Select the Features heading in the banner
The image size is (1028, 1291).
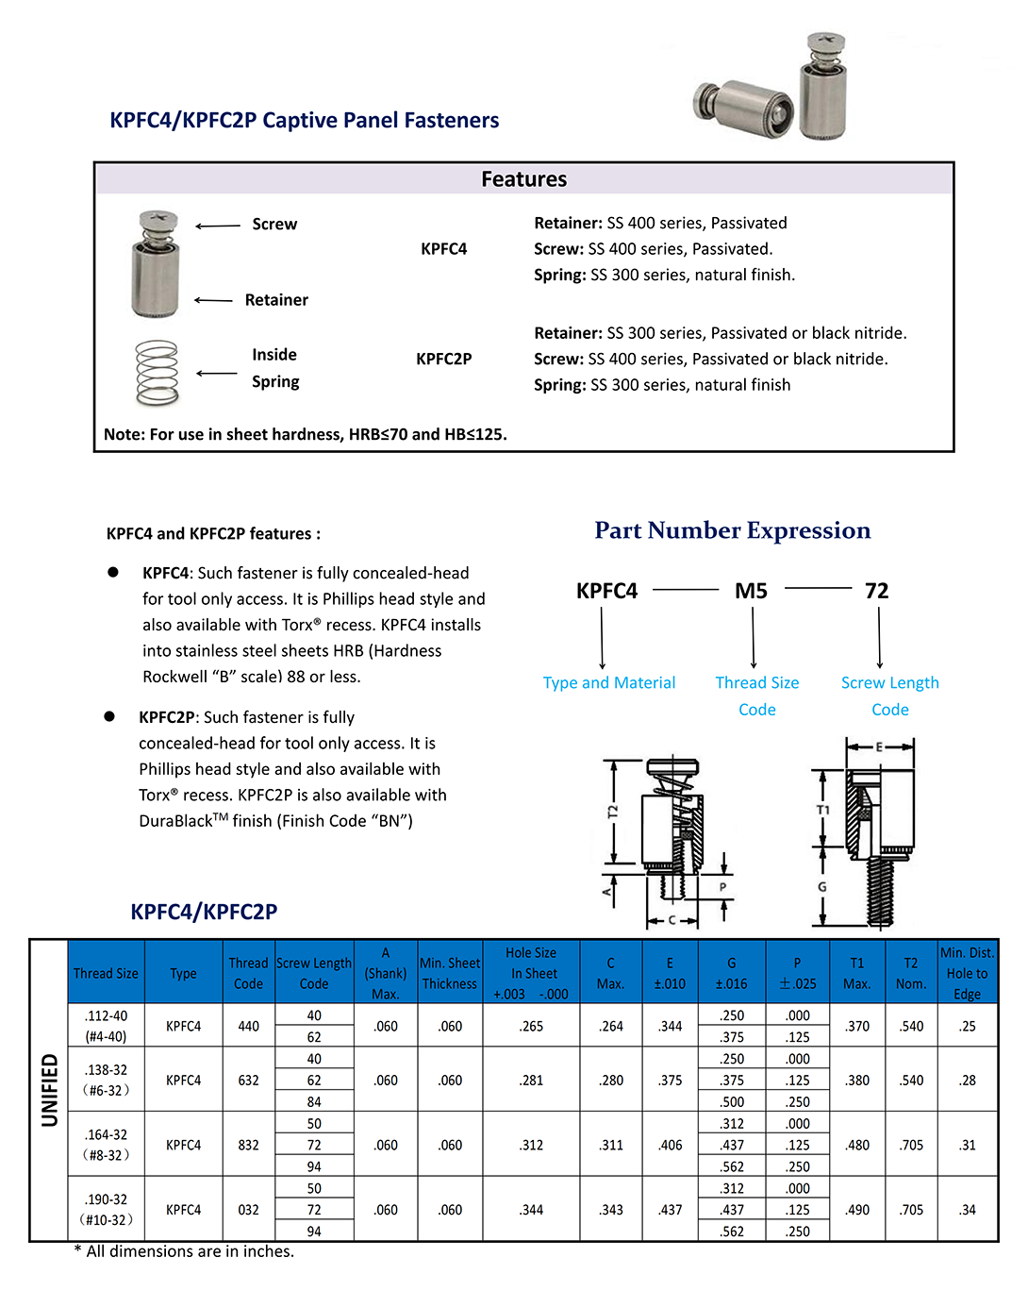coord(523,179)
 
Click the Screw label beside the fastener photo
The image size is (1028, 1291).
coord(274,225)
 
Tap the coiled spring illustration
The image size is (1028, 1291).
coord(157,373)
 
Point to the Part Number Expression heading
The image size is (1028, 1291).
coord(732,530)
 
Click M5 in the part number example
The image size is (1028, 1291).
coord(751,591)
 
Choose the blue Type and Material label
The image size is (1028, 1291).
coord(608,682)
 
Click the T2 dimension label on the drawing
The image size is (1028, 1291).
coord(612,812)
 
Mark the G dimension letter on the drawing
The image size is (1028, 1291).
coord(822,887)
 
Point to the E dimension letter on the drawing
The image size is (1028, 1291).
coord(879,746)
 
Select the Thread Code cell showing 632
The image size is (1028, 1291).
coord(248,1081)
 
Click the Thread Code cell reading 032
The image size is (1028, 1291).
coord(248,1210)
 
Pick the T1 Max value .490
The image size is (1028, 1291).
coord(857,1210)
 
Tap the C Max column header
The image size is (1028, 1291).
coord(610,973)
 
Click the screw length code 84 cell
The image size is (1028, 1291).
coord(314,1102)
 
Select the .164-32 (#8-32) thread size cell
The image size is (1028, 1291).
coord(106,1145)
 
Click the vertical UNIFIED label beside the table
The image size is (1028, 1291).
coord(49,1090)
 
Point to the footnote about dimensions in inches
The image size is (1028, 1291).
coord(184,1251)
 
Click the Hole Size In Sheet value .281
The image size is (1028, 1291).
coord(531,1081)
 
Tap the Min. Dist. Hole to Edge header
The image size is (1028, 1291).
coord(967,973)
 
